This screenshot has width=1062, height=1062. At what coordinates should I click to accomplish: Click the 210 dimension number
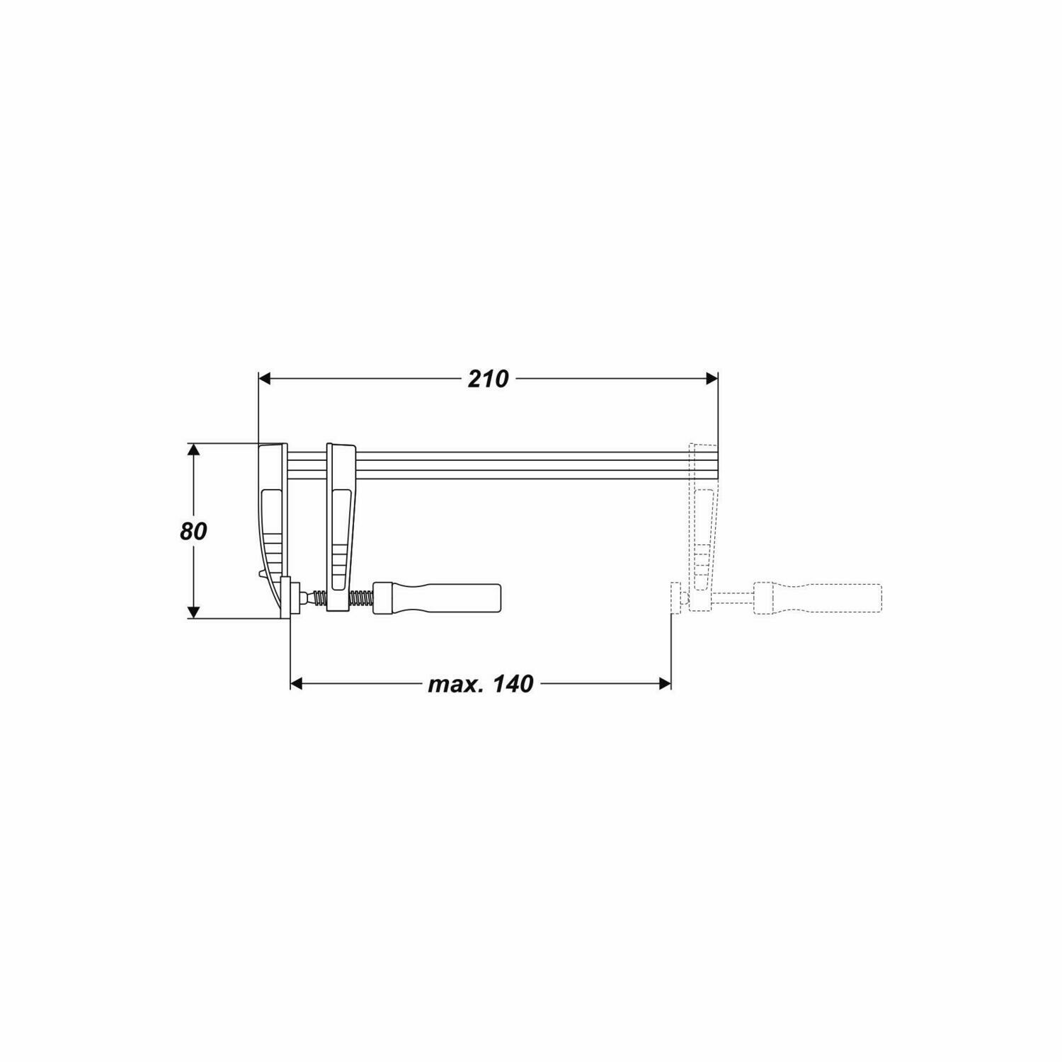point(488,379)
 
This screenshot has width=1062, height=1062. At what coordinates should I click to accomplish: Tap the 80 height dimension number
point(193,532)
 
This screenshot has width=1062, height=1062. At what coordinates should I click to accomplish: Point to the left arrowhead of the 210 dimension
point(264,379)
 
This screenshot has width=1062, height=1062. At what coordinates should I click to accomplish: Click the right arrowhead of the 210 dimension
point(712,379)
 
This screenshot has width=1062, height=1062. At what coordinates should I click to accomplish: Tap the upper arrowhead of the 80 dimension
point(193,450)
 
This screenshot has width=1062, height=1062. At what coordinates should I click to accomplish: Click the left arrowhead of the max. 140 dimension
point(297,683)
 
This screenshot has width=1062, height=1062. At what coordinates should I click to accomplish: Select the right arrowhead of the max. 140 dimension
point(665,683)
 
